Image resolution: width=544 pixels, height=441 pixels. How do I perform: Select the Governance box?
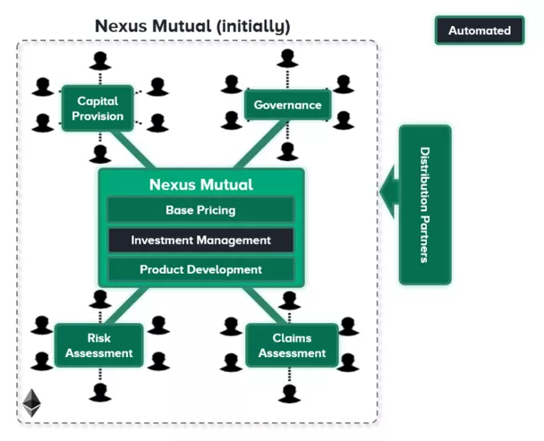287,105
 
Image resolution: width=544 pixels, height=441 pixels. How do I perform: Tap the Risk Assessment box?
98,345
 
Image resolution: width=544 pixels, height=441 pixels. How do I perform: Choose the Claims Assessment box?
292,345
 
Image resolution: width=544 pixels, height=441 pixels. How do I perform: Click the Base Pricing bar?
200,210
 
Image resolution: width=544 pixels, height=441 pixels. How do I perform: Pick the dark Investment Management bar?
200,240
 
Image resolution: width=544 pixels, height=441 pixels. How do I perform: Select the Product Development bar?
200,269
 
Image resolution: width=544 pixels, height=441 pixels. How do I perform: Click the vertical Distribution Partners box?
424,205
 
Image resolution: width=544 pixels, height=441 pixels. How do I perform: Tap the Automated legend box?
479,30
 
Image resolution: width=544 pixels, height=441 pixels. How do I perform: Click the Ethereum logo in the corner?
32,401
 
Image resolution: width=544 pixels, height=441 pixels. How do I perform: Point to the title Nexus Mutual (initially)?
192,26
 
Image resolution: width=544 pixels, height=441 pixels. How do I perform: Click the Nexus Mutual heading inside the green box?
200,185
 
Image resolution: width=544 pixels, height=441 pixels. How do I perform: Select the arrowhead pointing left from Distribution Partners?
387,191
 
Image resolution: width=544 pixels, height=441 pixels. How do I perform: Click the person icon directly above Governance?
287,59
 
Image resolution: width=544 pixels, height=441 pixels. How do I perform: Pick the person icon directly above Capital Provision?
98,61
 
